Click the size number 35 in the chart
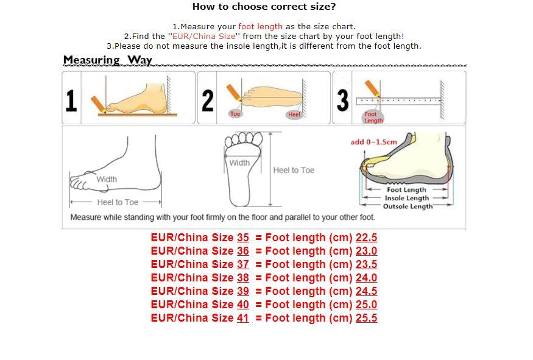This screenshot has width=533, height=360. tap(242, 238)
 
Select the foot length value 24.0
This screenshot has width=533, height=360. tap(367, 278)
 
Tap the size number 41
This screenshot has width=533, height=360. tap(242, 318)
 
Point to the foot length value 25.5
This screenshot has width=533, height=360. tap(367, 318)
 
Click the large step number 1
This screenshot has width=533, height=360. tap(71, 101)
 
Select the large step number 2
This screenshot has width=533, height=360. tap(208, 101)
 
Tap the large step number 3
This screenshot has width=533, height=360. tap(342, 101)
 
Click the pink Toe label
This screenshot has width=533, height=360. tap(235, 114)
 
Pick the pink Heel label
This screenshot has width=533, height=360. tap(294, 115)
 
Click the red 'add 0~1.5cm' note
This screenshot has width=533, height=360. tap(373, 142)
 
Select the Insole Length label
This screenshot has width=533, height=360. tap(406, 198)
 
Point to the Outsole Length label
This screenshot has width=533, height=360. tap(408, 206)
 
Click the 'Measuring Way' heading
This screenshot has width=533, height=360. tap(107, 60)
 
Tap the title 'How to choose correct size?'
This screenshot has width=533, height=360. tap(264, 7)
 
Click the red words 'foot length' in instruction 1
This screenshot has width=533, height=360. tap(260, 27)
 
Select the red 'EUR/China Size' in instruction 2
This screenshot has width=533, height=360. tap(203, 37)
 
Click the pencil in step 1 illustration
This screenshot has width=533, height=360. tap(98, 104)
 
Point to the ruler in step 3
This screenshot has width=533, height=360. tap(398, 101)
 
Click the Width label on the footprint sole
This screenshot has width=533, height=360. tap(239, 163)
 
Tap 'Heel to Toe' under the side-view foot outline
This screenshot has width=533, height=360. tap(118, 202)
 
